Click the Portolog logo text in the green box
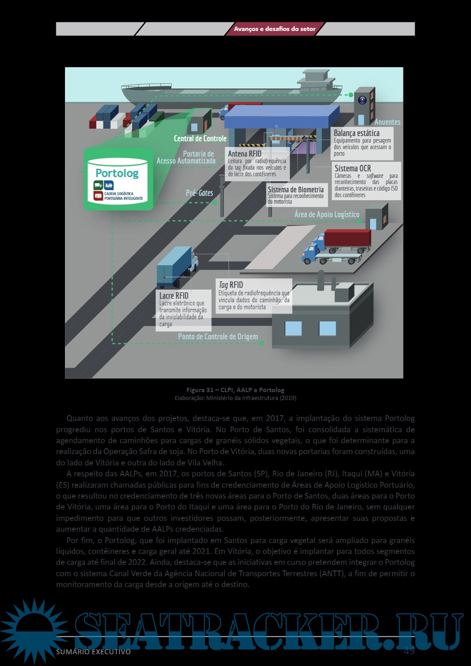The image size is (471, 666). click(117, 173)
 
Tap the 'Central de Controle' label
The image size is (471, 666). click(200, 139)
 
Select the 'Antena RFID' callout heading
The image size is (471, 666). click(245, 154)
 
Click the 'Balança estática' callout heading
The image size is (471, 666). click(356, 133)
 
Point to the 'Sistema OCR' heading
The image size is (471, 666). click(352, 168)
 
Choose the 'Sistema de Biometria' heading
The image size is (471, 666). click(295, 190)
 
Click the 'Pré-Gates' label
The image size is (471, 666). click(199, 193)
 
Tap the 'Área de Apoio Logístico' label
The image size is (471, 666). click(327, 215)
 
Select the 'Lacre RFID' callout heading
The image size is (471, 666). click(174, 296)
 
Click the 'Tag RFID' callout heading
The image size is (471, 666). click(231, 285)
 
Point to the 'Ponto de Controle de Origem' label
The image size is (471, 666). click(218, 337)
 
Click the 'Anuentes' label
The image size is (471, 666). click(387, 122)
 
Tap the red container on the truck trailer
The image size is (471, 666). click(347, 239)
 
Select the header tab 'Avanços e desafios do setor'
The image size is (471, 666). click(275, 29)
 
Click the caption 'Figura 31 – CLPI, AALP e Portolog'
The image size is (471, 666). click(235, 390)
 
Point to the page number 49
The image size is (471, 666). click(409, 651)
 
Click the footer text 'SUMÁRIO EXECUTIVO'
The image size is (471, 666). click(93, 652)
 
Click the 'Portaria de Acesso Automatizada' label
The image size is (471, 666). click(186, 157)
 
